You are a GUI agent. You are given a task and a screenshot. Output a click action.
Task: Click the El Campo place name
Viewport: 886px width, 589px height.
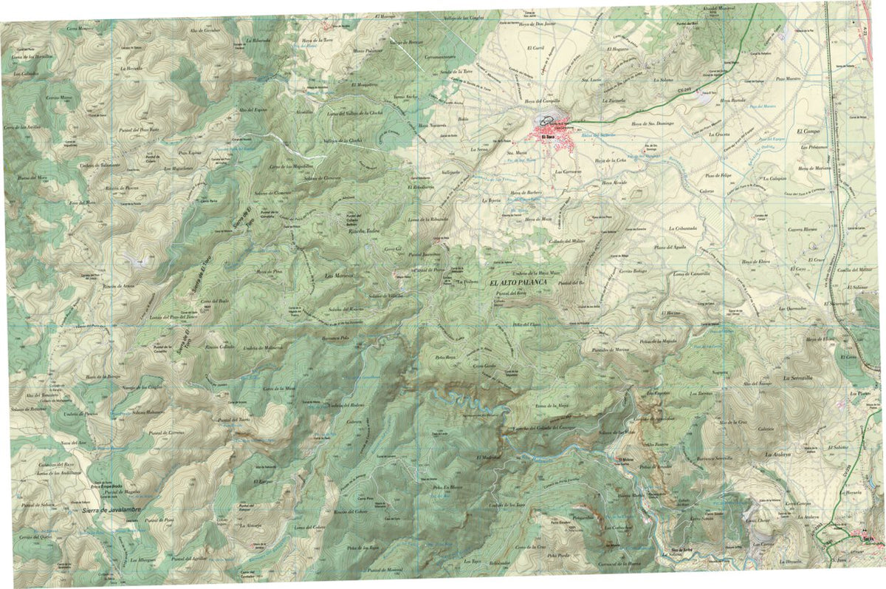[809, 131]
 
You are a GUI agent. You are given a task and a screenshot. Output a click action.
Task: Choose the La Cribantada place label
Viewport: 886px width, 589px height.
[683, 228]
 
